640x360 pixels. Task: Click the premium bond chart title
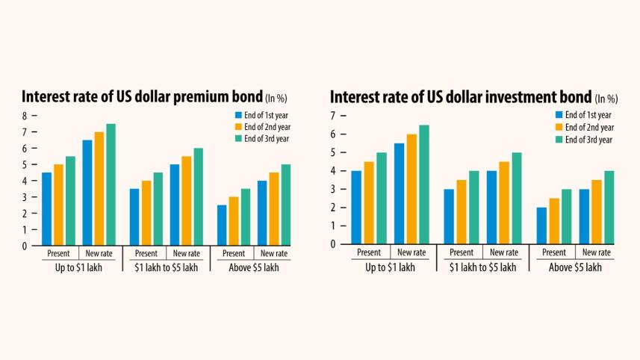click(142, 97)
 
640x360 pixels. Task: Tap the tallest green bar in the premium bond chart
click(111, 184)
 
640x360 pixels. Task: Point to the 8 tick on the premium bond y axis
click(24, 116)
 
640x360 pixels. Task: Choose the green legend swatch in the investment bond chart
click(559, 140)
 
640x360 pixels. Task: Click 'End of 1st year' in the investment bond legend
click(588, 115)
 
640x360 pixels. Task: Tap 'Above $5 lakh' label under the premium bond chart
click(254, 267)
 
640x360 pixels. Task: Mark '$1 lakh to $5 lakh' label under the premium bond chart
click(166, 267)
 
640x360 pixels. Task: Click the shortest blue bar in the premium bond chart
click(222, 225)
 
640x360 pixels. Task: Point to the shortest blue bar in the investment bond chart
click(541, 226)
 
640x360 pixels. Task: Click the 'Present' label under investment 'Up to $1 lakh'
click(369, 253)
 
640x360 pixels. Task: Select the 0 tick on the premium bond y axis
click(24, 245)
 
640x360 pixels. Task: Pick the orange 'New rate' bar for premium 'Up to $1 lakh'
click(98, 188)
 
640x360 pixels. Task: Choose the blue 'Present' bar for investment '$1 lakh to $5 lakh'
click(449, 217)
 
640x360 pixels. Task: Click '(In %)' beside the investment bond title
click(606, 99)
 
